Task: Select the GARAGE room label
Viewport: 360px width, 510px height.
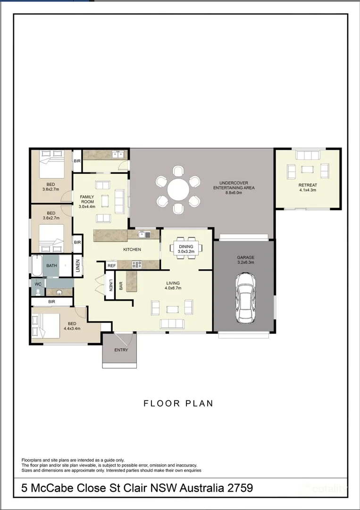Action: point(245,257)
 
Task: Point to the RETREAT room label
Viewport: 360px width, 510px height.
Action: point(308,185)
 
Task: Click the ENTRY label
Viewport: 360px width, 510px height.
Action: point(121,350)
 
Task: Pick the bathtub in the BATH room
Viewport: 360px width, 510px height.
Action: point(36,266)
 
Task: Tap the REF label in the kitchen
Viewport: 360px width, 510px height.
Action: point(111,266)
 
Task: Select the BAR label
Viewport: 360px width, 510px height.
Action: point(121,286)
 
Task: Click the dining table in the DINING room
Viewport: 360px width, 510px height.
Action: point(185,247)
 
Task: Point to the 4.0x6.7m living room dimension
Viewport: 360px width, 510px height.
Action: point(173,289)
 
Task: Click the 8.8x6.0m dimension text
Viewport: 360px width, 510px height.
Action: point(234,193)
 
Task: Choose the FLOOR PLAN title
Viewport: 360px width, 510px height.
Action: point(178,403)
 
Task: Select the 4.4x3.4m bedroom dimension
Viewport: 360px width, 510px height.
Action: point(72,329)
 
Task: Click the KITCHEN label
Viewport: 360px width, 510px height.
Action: point(132,249)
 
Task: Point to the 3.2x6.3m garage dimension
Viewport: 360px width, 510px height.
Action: point(245,263)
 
